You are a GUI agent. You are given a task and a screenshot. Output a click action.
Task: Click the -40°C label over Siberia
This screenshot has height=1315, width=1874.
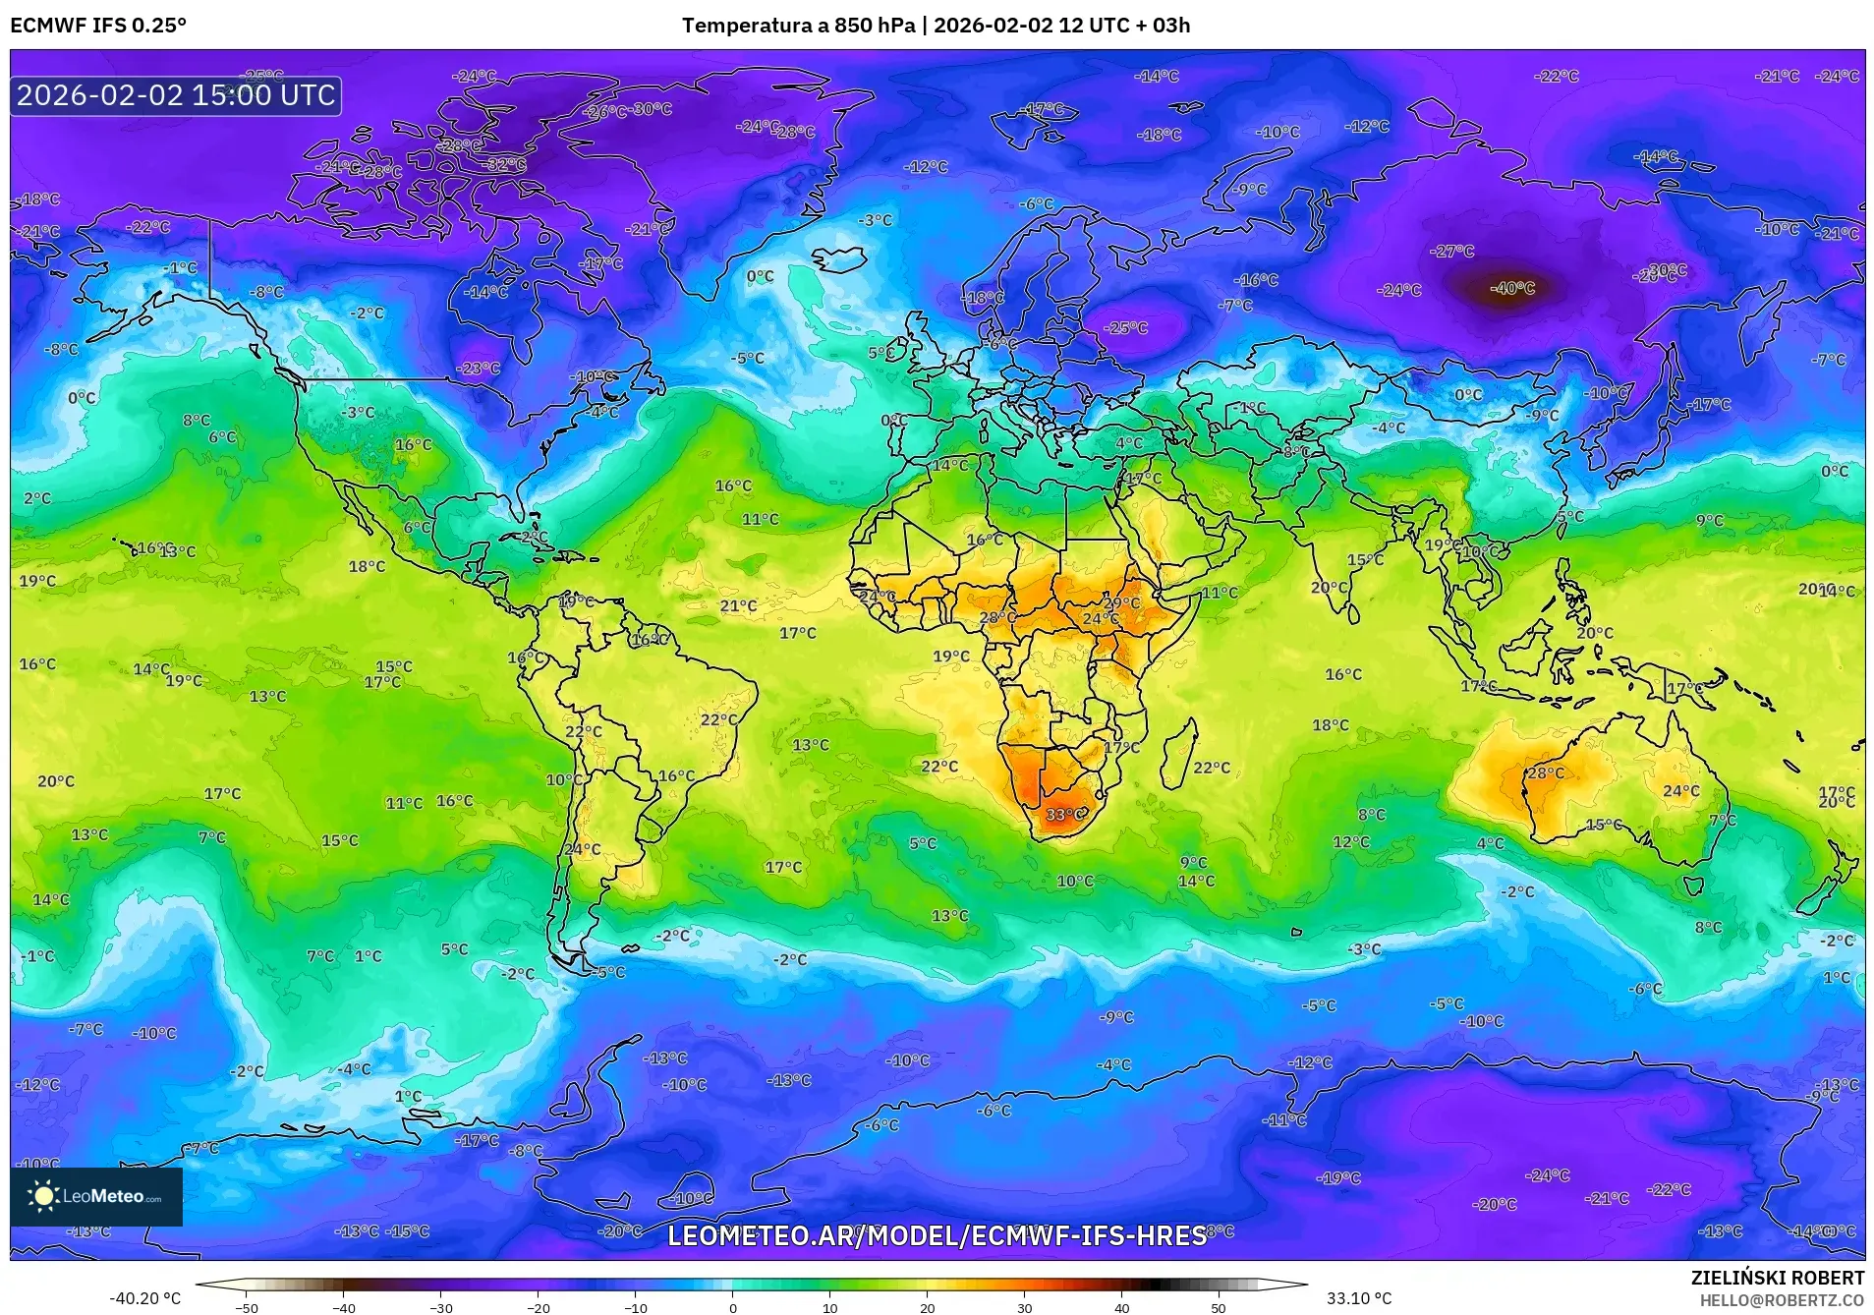coord(1512,288)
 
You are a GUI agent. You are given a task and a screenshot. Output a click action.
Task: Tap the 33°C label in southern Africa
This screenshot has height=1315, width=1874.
coord(1066,815)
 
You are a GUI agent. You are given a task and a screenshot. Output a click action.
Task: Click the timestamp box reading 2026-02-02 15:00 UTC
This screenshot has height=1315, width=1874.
coord(177,95)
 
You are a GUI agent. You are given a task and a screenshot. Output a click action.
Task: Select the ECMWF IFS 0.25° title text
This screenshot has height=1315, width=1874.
coord(98,26)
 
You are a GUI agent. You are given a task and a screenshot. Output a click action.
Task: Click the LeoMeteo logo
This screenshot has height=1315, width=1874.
coord(96,1196)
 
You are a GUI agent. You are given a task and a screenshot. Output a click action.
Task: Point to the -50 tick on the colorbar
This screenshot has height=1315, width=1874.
coord(247,1307)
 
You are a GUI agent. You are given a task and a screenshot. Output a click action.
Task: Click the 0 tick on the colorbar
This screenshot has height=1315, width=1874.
coord(732,1307)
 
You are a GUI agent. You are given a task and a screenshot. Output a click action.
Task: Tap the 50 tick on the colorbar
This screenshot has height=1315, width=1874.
coord(1219,1307)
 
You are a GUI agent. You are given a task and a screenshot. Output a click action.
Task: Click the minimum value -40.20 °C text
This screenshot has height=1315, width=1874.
coord(145,1298)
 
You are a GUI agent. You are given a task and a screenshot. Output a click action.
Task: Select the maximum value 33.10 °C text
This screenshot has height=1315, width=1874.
coord(1359,1298)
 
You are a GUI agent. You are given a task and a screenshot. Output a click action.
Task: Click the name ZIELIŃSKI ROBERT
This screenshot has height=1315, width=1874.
coord(1777,1278)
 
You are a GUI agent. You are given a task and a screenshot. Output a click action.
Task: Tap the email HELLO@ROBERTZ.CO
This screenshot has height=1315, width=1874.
coord(1782,1300)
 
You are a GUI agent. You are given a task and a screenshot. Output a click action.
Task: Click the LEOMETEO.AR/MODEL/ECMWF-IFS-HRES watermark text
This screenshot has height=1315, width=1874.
coord(937,1235)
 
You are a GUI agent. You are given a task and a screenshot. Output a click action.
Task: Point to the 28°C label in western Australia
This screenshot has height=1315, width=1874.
coord(1545,773)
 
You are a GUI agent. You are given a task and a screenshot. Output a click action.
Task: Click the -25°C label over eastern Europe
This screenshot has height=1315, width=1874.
coord(1126,328)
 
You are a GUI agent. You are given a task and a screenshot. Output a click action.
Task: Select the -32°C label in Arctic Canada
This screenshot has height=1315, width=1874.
coord(506,165)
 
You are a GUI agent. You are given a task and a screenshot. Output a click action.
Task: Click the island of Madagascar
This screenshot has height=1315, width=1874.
coord(1178,755)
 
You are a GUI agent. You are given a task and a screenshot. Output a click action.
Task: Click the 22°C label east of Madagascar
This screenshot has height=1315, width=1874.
coord(1212,768)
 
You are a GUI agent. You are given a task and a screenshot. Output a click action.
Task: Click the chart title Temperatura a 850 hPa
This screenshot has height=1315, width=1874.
coord(798,26)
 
